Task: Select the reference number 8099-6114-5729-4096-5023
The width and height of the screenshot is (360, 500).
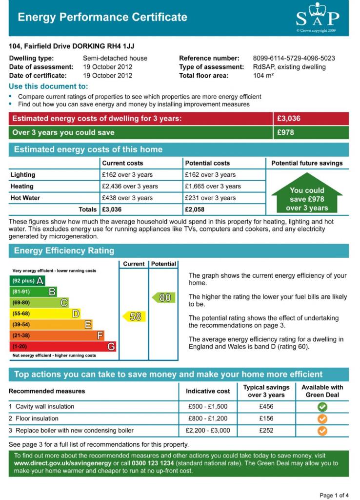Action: point(294,58)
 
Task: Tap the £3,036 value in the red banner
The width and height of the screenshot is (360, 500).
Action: point(289,119)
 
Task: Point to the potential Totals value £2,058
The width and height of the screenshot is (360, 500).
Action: point(194,209)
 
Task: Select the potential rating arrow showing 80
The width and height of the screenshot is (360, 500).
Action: point(163,297)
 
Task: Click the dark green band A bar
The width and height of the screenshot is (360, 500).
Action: point(27,281)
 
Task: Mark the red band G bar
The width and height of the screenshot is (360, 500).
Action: point(62,347)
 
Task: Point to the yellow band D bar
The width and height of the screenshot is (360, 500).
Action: point(45,313)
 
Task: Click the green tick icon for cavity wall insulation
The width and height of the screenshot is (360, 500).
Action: point(322,407)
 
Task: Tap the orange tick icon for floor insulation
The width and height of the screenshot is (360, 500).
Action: point(322,419)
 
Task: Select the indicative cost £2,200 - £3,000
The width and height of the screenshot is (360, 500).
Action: point(208,431)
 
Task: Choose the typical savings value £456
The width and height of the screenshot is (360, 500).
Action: point(266,407)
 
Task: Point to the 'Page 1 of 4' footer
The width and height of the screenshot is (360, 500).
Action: point(334,495)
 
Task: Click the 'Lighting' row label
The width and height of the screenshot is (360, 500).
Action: point(23,175)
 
